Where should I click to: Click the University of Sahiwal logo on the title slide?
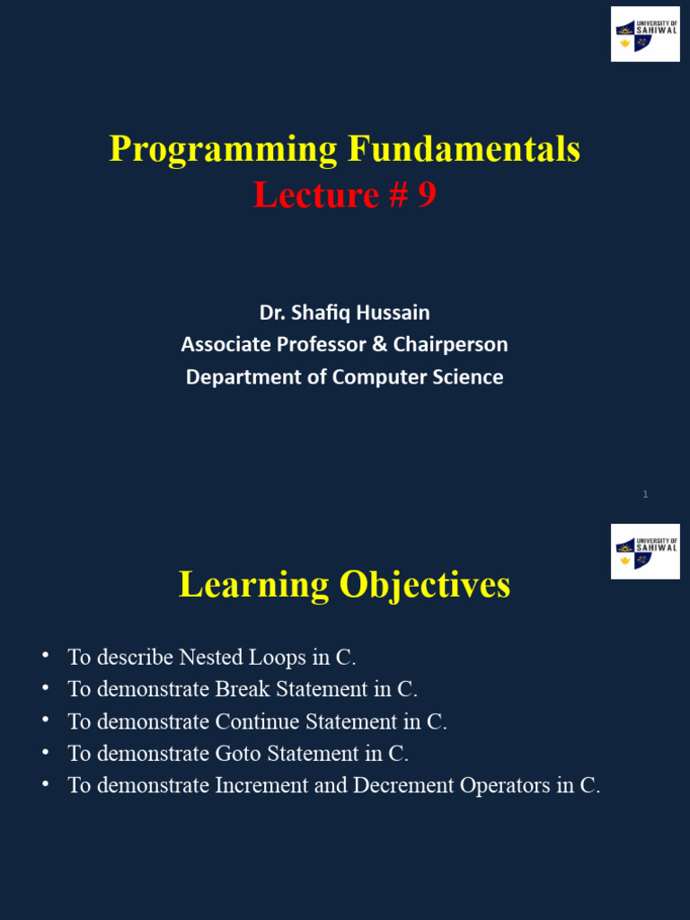pyautogui.click(x=645, y=34)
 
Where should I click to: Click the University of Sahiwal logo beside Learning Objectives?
pyautogui.click(x=645, y=552)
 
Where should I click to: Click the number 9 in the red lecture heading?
pyautogui.click(x=426, y=194)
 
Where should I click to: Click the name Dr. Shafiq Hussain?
pyautogui.click(x=344, y=313)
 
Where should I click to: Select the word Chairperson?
pyautogui.click(x=457, y=344)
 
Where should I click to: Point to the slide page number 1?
pyautogui.click(x=645, y=494)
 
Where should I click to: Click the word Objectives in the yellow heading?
pyautogui.click(x=424, y=585)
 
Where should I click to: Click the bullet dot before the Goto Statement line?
pyautogui.click(x=45, y=752)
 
